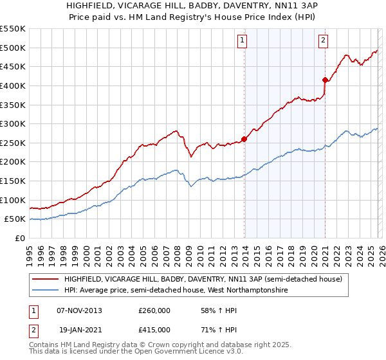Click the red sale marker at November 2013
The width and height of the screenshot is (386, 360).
[244, 139]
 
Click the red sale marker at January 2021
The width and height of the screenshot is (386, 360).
[325, 80]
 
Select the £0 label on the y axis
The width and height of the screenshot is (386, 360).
[21, 238]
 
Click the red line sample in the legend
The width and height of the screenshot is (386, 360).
[46, 279]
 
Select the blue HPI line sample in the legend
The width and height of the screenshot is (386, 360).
[46, 291]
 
